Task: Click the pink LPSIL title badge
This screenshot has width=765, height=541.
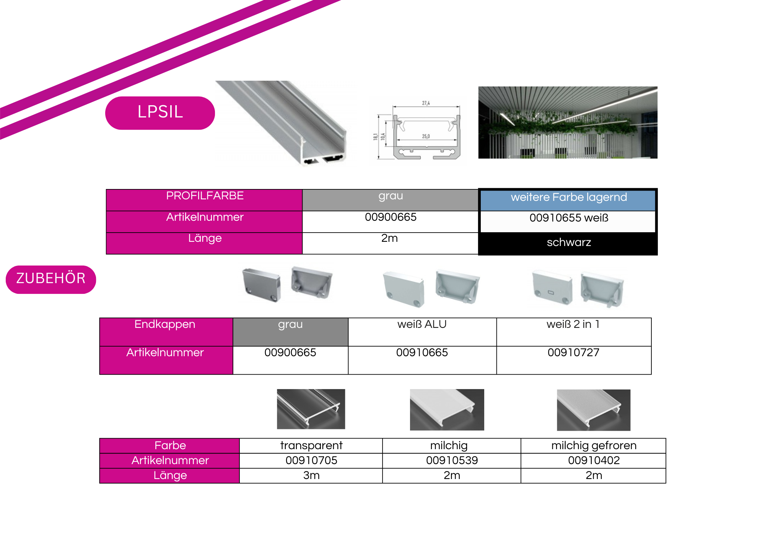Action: (x=160, y=113)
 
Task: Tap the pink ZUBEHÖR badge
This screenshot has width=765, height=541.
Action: (x=51, y=279)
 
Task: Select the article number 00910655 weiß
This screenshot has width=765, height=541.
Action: (x=569, y=218)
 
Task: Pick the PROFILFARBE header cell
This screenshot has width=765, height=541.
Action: (x=204, y=200)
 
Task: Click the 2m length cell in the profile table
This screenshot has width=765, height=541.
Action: (x=390, y=243)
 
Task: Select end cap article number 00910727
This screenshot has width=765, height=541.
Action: (x=573, y=352)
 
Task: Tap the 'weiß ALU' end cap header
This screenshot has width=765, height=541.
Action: (x=422, y=324)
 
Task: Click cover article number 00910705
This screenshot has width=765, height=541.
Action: (x=311, y=460)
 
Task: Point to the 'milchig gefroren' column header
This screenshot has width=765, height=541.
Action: (x=594, y=445)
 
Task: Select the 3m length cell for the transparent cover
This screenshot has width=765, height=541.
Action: (x=311, y=476)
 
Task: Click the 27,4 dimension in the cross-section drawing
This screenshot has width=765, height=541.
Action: (x=426, y=103)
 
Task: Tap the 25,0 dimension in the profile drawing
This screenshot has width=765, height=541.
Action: (x=426, y=136)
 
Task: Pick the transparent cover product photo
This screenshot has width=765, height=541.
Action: (x=311, y=409)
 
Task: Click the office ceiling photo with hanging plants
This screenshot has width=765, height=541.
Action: (x=568, y=122)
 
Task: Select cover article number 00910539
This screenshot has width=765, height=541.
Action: (x=452, y=460)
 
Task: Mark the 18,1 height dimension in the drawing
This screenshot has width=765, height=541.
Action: (x=376, y=136)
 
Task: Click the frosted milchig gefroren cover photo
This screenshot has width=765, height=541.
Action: (x=594, y=410)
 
